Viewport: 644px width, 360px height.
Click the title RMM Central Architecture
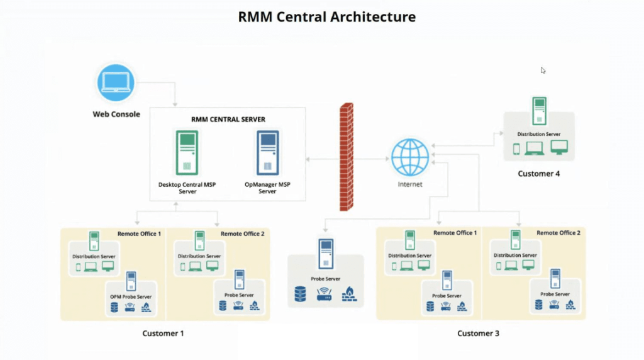(x=326, y=17)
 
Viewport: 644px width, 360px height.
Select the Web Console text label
(x=116, y=115)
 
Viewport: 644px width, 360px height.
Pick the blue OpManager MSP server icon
(x=267, y=152)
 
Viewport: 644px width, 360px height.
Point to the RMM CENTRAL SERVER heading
(x=228, y=120)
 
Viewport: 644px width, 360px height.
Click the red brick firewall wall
(x=346, y=157)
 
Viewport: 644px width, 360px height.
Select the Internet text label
(x=410, y=184)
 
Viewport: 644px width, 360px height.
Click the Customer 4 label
(x=538, y=173)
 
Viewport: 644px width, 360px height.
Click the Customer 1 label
(x=163, y=333)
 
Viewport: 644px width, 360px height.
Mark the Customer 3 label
(x=478, y=333)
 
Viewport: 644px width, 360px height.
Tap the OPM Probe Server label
(x=131, y=296)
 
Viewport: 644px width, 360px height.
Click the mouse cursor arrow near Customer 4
(x=543, y=70)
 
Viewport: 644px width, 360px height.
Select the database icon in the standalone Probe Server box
(x=301, y=293)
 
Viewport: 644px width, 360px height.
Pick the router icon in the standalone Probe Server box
(x=325, y=293)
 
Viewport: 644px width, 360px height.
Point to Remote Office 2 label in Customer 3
(x=558, y=233)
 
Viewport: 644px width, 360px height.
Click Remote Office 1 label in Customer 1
(x=139, y=233)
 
